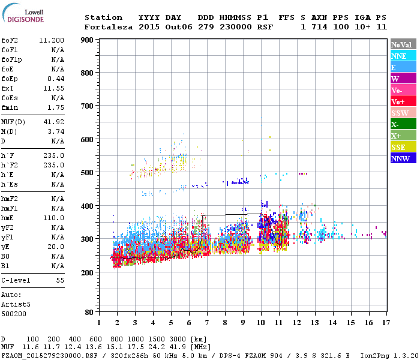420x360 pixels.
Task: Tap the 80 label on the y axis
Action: pyautogui.click(x=89, y=313)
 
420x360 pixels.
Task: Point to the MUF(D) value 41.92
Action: pyautogui.click(x=54, y=122)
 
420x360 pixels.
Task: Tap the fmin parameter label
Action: pyautogui.click(x=10, y=107)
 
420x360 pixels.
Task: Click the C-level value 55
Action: pyautogui.click(x=60, y=280)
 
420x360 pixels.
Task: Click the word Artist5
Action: pyautogui.click(x=15, y=304)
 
